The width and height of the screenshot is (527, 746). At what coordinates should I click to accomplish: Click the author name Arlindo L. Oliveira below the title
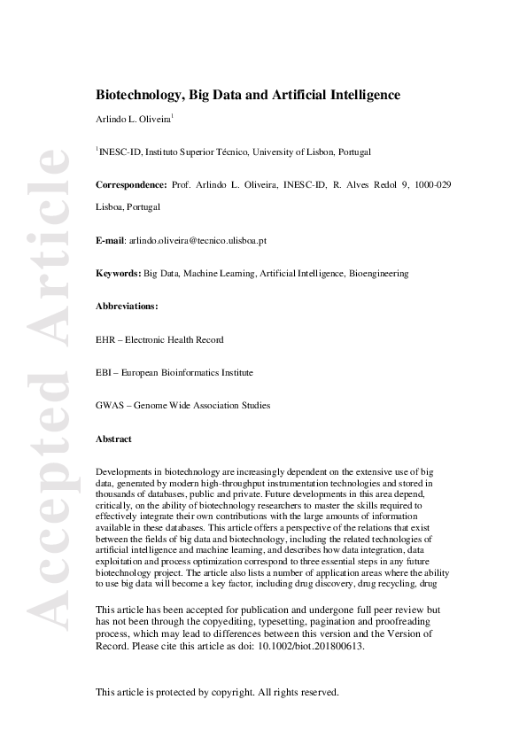(x=133, y=119)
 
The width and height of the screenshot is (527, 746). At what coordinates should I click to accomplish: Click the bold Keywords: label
(x=119, y=275)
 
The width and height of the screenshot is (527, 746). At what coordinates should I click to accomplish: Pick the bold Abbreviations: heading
(x=127, y=307)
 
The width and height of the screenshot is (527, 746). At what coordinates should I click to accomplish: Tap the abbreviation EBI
(x=104, y=373)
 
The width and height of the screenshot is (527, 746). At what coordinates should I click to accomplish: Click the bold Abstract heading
(x=113, y=439)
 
